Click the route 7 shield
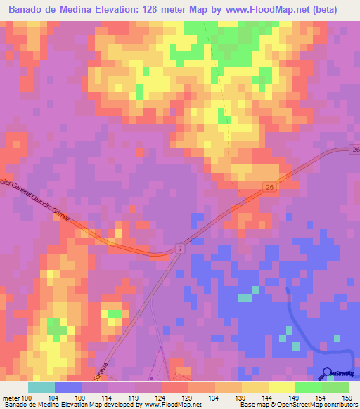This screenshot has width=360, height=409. coord(180,249)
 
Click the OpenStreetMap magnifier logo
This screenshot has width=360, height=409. coord(328,374)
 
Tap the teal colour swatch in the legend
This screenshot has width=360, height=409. coord(41,387)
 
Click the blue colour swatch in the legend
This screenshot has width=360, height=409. coord(68,387)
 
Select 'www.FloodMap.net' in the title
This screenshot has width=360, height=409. coord(271,9)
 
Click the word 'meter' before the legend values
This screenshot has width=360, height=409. coord(10,398)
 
